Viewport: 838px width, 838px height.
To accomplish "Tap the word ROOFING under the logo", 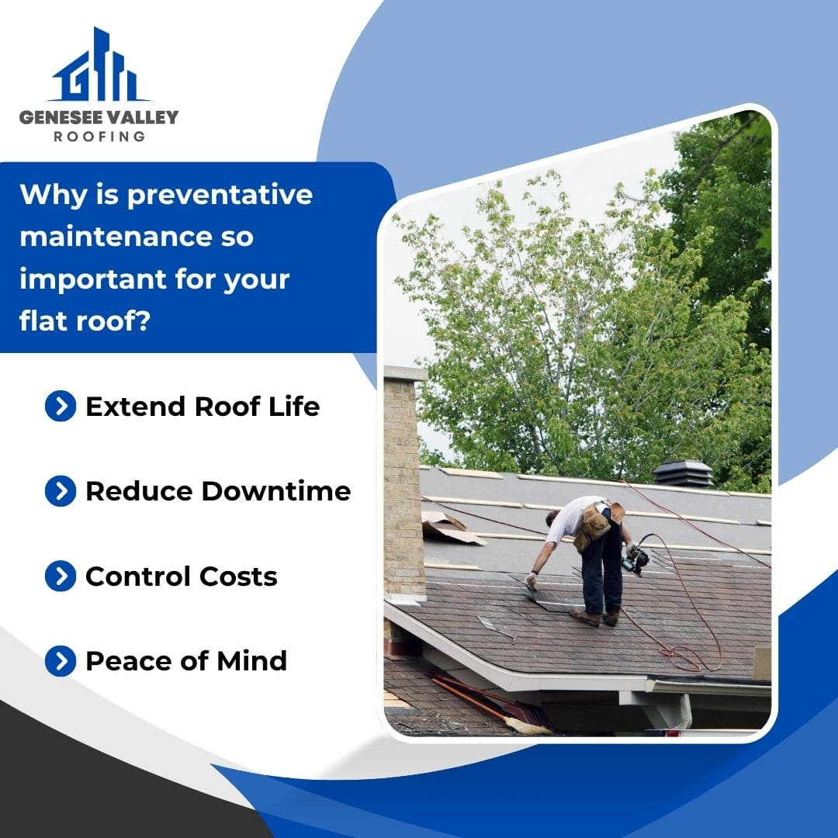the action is pyautogui.click(x=99, y=137).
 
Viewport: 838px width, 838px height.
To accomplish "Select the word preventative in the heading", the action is pyautogui.click(x=220, y=196).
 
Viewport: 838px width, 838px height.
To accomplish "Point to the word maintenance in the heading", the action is pyautogui.click(x=116, y=236).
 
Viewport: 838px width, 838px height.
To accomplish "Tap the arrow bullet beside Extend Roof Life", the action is pyautogui.click(x=61, y=406).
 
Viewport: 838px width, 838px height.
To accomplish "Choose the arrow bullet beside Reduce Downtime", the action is pyautogui.click(x=61, y=491).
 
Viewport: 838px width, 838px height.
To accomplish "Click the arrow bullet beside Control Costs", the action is pyautogui.click(x=61, y=576).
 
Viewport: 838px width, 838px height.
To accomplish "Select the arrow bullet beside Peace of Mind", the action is pyautogui.click(x=61, y=661).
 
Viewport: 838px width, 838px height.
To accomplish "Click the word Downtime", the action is pyautogui.click(x=275, y=491).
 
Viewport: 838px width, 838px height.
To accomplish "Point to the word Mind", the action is pyautogui.click(x=251, y=661).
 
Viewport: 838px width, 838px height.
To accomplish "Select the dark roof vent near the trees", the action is pyautogui.click(x=683, y=473).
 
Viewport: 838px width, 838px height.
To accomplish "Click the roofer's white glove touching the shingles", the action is pyautogui.click(x=531, y=581).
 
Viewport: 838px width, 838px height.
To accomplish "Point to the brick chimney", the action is pyautogui.click(x=404, y=483).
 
